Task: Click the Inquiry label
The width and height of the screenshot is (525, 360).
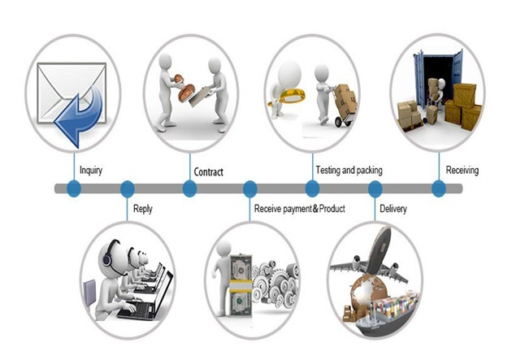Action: pyautogui.click(x=91, y=171)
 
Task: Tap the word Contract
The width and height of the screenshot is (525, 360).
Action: pyautogui.click(x=209, y=172)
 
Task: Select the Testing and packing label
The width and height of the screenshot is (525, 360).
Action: pyautogui.click(x=349, y=171)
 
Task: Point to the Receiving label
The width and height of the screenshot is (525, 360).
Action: pyautogui.click(x=462, y=170)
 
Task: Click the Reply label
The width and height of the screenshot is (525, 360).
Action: pyautogui.click(x=143, y=209)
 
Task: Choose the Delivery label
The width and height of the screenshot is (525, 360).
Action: pyautogui.click(x=393, y=209)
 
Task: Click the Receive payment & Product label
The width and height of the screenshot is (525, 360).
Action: pyautogui.click(x=299, y=209)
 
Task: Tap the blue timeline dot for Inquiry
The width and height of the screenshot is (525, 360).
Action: pyautogui.click(x=74, y=189)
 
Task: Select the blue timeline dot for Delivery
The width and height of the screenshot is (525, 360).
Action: pyautogui.click(x=375, y=189)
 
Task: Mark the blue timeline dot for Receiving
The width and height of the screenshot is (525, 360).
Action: pyautogui.click(x=439, y=189)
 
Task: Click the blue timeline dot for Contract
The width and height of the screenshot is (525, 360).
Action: pyautogui.click(x=189, y=189)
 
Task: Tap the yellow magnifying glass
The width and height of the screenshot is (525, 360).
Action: pyautogui.click(x=288, y=97)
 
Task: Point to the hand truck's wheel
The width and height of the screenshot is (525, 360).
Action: pyautogui.click(x=339, y=123)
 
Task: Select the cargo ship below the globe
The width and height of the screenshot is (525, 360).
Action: pyautogui.click(x=385, y=314)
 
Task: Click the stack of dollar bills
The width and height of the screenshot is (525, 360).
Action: pyautogui.click(x=241, y=285)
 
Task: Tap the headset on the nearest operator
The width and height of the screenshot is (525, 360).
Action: pyautogui.click(x=108, y=254)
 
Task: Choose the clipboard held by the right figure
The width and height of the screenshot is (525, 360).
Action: pyautogui.click(x=201, y=96)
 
